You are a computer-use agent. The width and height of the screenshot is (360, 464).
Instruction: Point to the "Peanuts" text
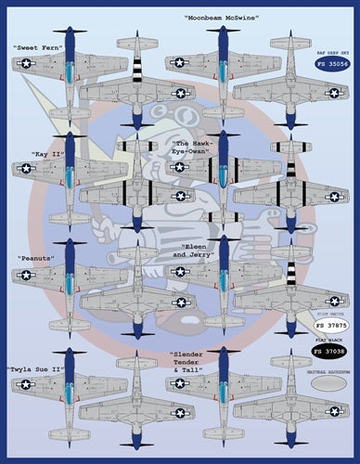pos(35,257)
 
